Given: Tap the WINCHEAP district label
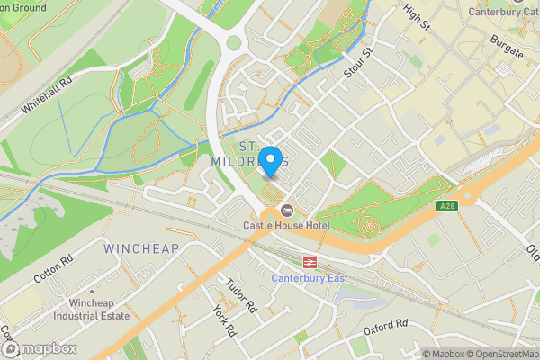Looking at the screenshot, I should tap(141, 247).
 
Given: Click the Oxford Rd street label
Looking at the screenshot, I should tap(387, 326).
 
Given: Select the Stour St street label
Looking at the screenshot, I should tap(356, 61).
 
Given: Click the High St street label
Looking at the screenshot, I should tap(418, 16).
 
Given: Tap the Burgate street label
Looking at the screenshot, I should tap(506, 47).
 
